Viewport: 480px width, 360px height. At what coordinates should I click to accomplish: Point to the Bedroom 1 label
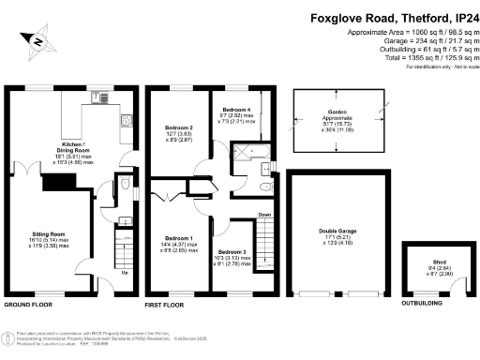pos(178,238)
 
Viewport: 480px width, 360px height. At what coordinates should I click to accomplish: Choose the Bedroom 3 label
pos(232,252)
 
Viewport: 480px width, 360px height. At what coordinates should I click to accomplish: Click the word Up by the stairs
pos(125,273)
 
